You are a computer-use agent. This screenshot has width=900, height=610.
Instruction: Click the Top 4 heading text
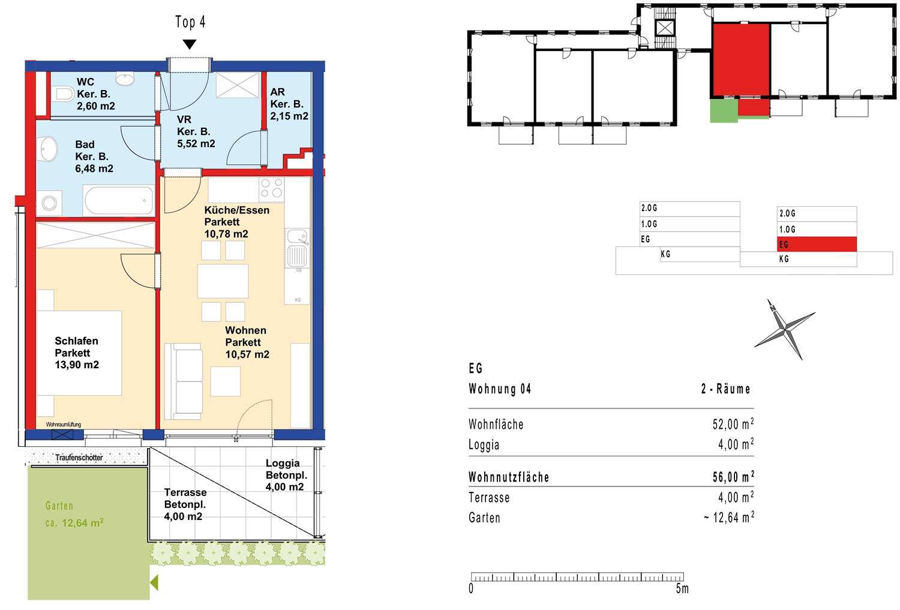190,22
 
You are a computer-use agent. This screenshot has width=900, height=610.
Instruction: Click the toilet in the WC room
64,94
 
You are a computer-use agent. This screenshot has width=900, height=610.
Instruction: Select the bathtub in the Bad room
118,200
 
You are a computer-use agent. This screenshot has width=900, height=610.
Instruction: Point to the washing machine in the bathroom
49,203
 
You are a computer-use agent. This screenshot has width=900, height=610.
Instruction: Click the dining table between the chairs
223,281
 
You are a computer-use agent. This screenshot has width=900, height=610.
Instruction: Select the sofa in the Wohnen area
183,381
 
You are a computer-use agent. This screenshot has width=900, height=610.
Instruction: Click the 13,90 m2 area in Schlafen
77,365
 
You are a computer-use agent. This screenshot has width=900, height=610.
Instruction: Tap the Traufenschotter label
79,458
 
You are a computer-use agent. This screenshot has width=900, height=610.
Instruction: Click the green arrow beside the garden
154,582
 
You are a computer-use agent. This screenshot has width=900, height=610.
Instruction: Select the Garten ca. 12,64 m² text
74,515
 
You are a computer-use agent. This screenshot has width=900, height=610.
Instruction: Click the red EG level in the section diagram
817,244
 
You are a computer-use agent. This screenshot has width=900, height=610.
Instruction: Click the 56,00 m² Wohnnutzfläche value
733,477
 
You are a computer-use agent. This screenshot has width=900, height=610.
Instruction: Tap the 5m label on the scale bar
682,589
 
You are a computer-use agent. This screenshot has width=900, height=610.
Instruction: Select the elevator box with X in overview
666,29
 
